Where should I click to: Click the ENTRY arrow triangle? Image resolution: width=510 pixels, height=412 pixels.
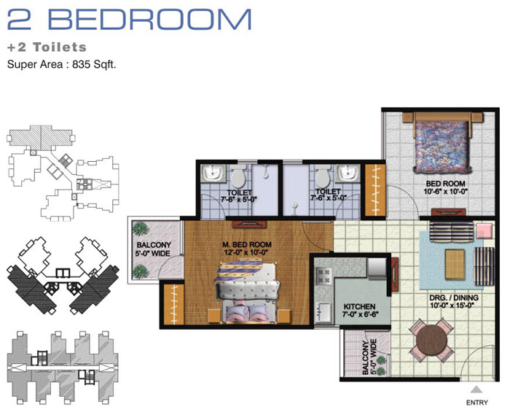(476, 389)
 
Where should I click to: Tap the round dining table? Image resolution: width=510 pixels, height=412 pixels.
(431, 341)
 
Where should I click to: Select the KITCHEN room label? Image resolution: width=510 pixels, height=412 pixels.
(359, 306)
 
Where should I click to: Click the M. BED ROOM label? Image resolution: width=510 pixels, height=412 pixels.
(247, 244)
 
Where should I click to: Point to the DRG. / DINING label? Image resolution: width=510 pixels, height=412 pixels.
(454, 298)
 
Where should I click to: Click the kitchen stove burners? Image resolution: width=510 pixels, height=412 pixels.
(323, 276)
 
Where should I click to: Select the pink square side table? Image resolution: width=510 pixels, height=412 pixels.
(484, 231)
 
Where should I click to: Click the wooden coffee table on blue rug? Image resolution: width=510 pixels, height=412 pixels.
(455, 264)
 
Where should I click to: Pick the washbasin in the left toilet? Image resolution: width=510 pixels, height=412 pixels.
(213, 173)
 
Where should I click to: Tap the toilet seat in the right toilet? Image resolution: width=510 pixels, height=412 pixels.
(323, 176)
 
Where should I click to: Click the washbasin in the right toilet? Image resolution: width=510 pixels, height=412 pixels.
(348, 173)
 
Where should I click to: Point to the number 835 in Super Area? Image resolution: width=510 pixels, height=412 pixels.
(81, 64)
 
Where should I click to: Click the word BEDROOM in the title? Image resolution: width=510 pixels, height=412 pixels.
(150, 20)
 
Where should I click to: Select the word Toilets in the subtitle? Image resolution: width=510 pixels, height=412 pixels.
(60, 47)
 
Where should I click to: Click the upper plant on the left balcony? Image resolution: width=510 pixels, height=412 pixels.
(141, 228)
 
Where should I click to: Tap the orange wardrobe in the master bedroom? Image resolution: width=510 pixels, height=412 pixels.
(173, 304)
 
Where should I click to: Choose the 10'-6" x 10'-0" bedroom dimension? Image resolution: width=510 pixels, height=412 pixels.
(445, 191)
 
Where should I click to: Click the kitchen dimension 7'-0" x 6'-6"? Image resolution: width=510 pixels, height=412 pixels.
(360, 314)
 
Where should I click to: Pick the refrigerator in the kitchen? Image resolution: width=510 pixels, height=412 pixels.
(377, 268)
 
